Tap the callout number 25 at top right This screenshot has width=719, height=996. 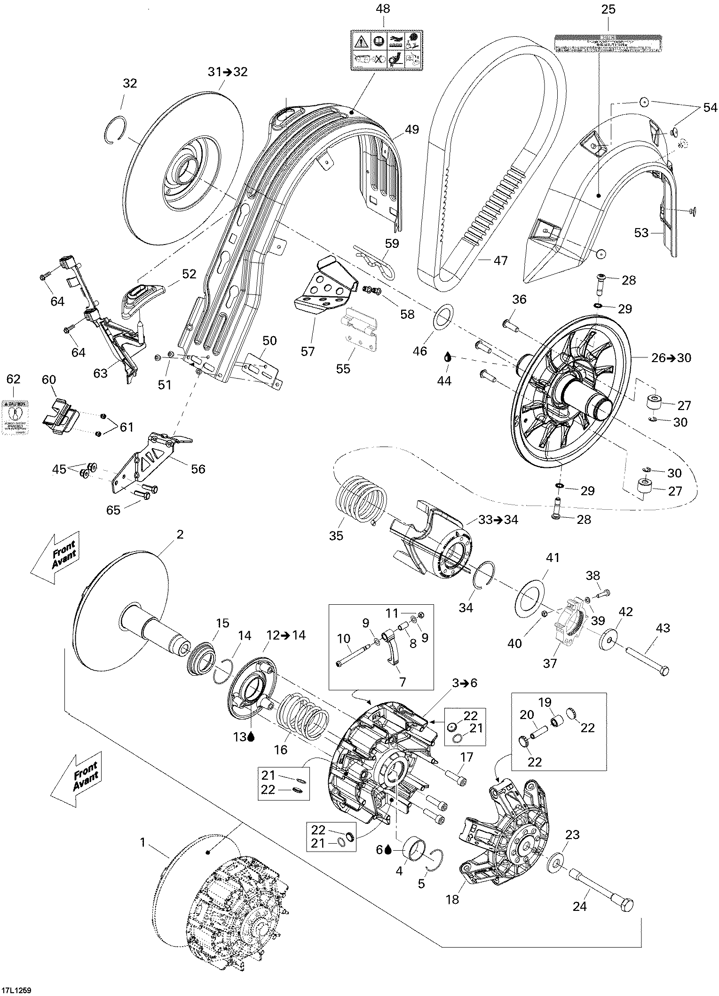click(x=608, y=9)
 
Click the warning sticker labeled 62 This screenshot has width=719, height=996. click(x=15, y=416)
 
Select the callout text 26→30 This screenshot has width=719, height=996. click(x=671, y=358)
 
